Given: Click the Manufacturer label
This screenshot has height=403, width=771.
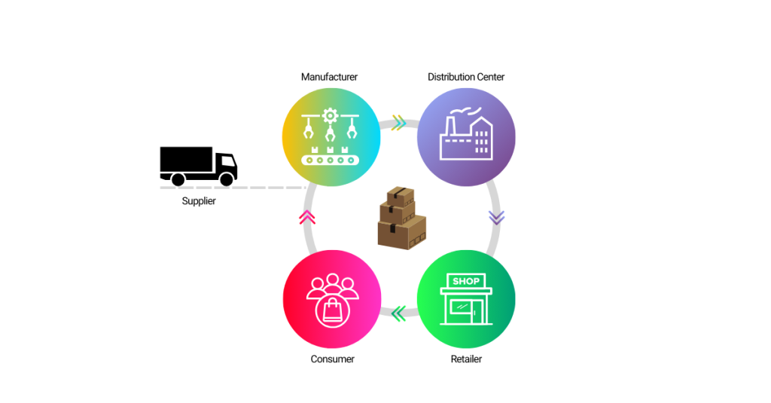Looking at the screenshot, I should coord(329,77).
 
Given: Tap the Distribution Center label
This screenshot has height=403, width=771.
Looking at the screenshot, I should coord(466,77).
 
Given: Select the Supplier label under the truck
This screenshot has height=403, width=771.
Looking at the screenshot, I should coord(199,201).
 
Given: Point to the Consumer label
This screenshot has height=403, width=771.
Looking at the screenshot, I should coord(332,359).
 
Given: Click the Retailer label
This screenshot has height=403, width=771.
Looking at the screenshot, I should coord(466,359).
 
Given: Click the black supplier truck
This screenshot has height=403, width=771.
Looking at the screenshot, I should coord(198,166).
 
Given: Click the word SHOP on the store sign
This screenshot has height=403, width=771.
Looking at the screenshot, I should coord(466,281).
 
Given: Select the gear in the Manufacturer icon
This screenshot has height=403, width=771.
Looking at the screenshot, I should coord(329,116).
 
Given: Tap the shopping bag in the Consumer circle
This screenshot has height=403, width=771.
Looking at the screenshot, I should coord(332,310).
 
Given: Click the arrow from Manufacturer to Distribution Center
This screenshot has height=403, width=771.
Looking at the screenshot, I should coord(398,123).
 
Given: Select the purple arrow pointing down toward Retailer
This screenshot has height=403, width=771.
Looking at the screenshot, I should coord(495,218).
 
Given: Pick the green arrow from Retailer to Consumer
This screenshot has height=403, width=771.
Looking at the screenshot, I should coord(398,313).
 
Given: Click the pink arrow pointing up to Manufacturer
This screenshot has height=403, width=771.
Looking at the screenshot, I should coord(306,218).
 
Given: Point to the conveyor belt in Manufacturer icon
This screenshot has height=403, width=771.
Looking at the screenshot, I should coord(330,160).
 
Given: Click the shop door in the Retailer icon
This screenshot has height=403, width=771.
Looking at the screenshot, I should coord(456,310).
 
